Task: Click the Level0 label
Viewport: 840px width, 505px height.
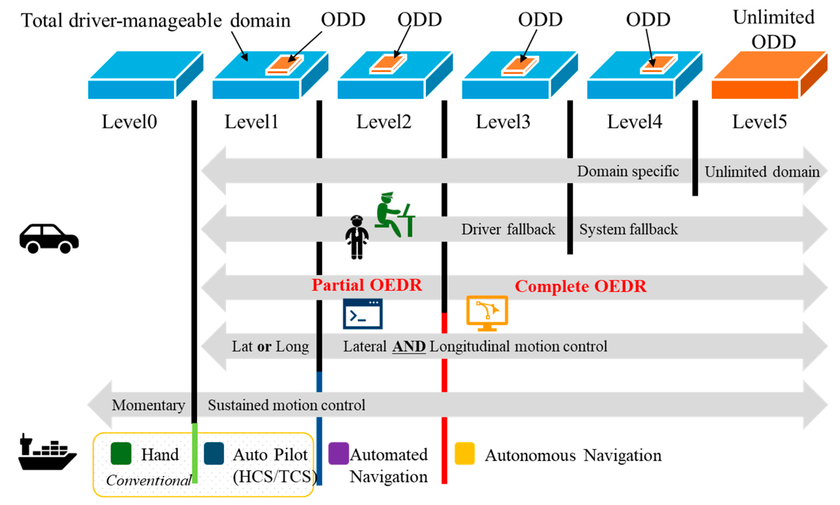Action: (129, 122)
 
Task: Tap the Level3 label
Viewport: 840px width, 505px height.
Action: (503, 122)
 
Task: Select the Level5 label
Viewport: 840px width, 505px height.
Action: (759, 122)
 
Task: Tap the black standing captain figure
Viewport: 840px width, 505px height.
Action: (357, 237)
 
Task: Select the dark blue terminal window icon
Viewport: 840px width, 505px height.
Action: (362, 314)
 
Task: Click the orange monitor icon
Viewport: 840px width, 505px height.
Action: (487, 312)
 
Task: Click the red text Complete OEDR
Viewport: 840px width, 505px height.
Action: (580, 286)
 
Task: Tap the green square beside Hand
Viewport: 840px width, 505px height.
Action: (121, 453)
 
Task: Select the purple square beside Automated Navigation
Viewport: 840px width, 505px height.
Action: (338, 453)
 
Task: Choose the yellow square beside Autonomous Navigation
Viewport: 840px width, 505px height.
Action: (464, 453)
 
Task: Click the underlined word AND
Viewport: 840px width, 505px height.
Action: (409, 346)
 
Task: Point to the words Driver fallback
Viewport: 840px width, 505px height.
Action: (508, 229)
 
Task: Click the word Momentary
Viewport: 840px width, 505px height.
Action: (148, 405)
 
